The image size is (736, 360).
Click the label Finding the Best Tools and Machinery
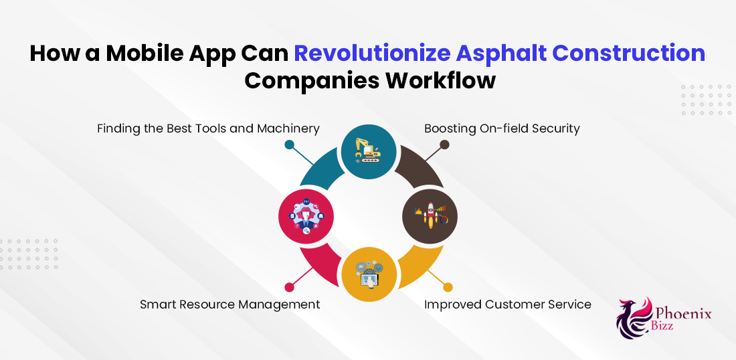(208, 128)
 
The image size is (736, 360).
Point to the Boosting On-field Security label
(502, 128)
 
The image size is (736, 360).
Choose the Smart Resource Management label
(230, 304)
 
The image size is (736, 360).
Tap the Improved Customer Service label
(507, 304)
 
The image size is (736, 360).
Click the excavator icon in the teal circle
(369, 151)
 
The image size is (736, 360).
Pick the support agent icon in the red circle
(306, 216)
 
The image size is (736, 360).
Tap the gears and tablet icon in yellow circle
(369, 274)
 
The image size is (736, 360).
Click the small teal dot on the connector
(289, 145)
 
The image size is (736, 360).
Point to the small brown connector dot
(444, 145)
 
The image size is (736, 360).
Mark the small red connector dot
(290, 287)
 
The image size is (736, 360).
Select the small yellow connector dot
(448, 287)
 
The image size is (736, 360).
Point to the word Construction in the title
(628, 53)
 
